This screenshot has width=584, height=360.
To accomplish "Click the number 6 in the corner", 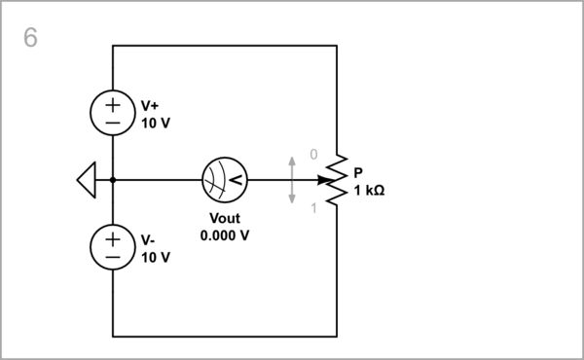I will pos(30,38).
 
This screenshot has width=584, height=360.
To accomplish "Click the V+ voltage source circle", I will pos(113,113).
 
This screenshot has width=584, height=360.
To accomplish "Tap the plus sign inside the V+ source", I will pos(113,104).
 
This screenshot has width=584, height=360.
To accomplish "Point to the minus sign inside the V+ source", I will pos(113,123).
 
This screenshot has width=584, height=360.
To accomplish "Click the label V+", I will pos(151,105).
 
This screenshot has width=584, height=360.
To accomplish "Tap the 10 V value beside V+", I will pos(156,123).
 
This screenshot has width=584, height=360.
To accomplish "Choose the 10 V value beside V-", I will pos(156,257).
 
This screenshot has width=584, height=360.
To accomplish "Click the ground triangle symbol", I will pos(86,180).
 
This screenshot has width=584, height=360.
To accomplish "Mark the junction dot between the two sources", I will pos(113,180).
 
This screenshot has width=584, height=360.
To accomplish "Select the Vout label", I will pos(224,218).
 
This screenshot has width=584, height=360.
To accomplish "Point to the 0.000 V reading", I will pos(224,235).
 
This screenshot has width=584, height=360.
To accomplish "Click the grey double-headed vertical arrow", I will pos(292,180).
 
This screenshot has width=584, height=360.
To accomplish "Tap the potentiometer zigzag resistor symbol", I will pos(337,180).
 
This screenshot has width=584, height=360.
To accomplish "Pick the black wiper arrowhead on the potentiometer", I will pos(322,180).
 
